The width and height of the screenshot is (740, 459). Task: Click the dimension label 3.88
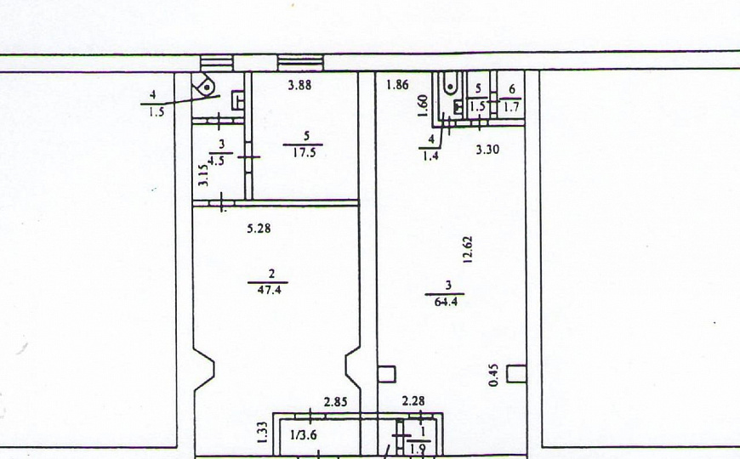click(299, 85)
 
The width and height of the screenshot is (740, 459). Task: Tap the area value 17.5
click(304, 153)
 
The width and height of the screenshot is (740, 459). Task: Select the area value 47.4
click(269, 290)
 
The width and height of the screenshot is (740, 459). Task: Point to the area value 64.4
click(446, 302)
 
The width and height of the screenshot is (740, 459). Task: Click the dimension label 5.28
click(259, 229)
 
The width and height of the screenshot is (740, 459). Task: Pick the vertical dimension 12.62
click(468, 249)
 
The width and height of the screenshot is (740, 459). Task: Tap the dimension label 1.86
click(397, 85)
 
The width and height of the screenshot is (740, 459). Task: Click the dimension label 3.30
click(487, 150)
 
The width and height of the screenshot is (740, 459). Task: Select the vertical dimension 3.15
click(203, 175)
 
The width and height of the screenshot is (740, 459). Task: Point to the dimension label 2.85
click(335, 402)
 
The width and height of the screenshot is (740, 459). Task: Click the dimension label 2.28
click(413, 401)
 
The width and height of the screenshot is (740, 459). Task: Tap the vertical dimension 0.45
click(493, 375)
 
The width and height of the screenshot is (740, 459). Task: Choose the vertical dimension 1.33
click(263, 433)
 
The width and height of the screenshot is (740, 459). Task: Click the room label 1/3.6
click(304, 435)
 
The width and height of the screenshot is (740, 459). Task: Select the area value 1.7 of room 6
click(511, 107)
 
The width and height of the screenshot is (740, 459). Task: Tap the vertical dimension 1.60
click(424, 105)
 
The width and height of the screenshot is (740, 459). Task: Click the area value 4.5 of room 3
click(216, 161)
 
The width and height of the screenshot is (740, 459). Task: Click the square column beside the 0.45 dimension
click(516, 374)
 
